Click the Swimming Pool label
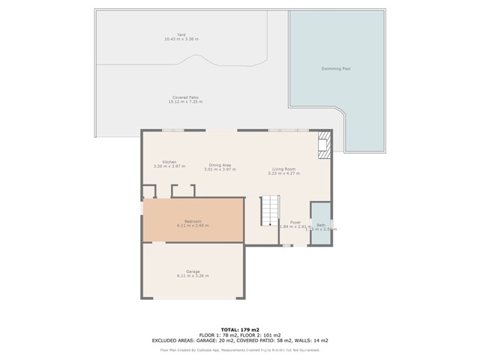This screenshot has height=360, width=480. coord(336,68)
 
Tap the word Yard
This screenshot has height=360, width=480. coord(181,34)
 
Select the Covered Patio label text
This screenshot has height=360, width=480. coord(185,97)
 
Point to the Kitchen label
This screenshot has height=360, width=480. coord(169,162)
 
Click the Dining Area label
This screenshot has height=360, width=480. coord(220,165)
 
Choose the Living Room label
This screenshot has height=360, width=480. coord(283,169)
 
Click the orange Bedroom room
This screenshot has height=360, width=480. coord(193,220)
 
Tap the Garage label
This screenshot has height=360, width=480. coord(193,271)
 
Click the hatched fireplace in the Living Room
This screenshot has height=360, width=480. coord(324,145)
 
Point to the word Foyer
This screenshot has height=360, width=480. coord(295,222)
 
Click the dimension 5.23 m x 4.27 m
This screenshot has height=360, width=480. coord(283,173)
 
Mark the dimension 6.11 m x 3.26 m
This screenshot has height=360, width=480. coord(193,276)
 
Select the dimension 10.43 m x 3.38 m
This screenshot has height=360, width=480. coord(181,39)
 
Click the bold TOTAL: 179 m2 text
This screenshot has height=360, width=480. coord(240,329)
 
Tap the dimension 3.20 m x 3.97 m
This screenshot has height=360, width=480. coord(169,166)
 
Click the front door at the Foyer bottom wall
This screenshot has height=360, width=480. coord(286,245)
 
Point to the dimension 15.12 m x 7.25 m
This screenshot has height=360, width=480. coord(185,101)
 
